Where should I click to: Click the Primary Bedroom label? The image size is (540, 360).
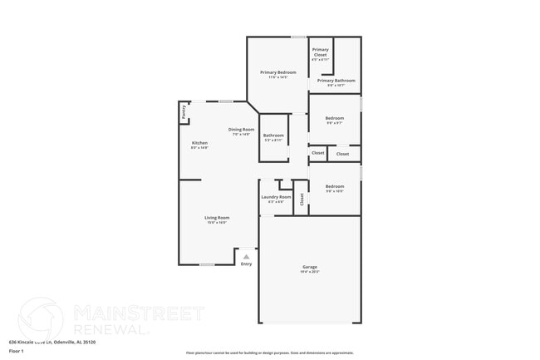click(278, 72)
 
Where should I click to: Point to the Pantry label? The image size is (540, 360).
click(184, 113)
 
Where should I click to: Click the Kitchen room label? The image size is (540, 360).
click(199, 143)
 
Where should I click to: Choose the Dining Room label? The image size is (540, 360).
click(241, 129)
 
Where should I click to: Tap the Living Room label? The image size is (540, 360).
click(217, 218)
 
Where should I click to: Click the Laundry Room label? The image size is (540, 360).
click(276, 197)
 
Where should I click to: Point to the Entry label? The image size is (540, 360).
click(246, 264)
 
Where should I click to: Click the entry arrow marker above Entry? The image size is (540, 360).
click(246, 257)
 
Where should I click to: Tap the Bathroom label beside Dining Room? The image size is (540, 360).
click(273, 136)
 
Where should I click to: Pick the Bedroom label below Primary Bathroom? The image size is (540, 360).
click(334, 118)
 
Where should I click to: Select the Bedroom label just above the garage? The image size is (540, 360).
click(334, 186)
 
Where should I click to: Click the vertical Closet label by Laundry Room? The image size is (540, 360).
click(302, 198)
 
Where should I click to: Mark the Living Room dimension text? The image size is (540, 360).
click(217, 223)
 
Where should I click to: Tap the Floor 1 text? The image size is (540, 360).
click(16, 352)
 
